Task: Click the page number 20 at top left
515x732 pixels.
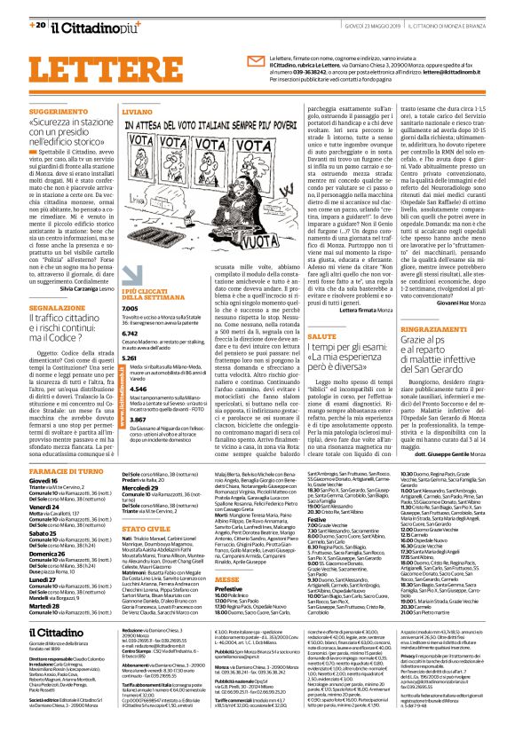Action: coord(27,10)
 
